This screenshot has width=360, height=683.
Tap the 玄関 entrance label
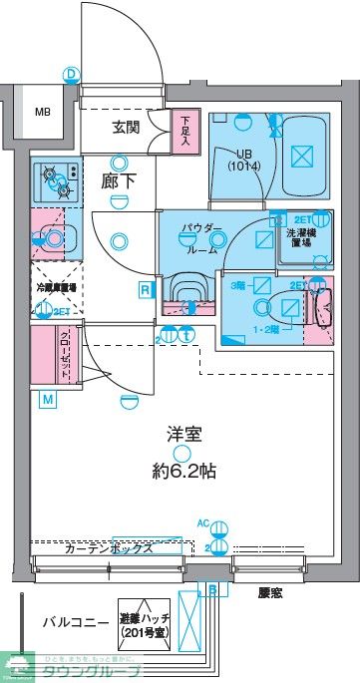pyautogui.click(x=127, y=127)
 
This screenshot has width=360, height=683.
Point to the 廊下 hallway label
pyautogui.click(x=121, y=182)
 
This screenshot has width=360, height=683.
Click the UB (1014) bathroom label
pyautogui.click(x=243, y=160)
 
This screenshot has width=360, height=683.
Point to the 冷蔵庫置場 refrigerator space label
pyautogui.click(x=57, y=287)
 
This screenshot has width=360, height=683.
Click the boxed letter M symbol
pyautogui.click(x=47, y=401)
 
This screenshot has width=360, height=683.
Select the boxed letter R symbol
pyautogui.click(x=146, y=290)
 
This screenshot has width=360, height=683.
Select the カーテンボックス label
pyautogui.click(x=109, y=548)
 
